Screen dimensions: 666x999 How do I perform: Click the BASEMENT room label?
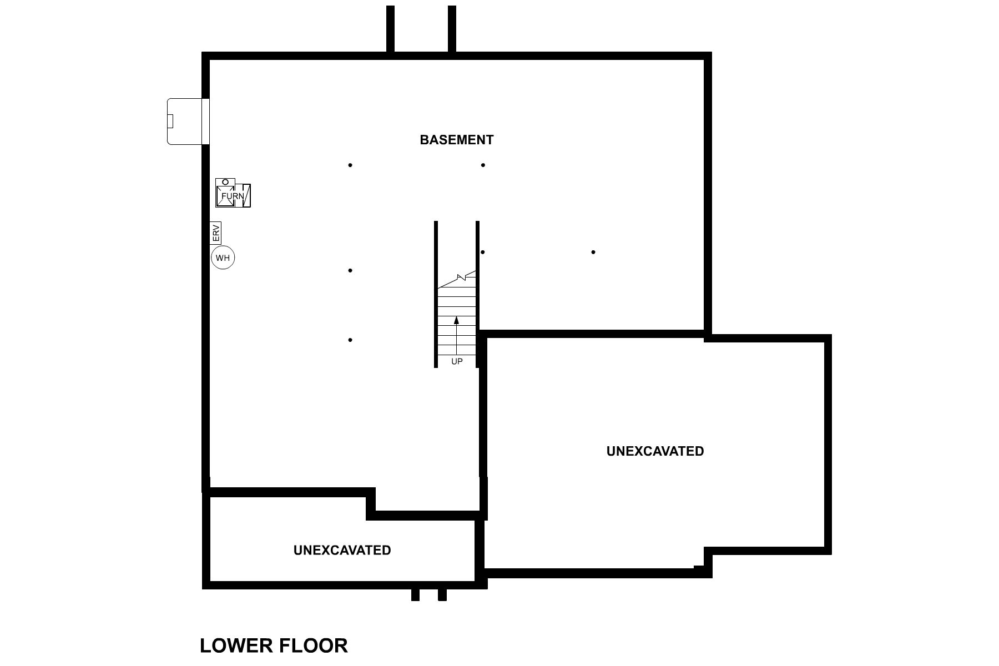tap(456, 140)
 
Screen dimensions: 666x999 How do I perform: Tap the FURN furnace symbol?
tap(233, 196)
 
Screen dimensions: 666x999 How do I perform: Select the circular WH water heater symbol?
tap(223, 258)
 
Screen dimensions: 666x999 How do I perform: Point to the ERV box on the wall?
tap(216, 233)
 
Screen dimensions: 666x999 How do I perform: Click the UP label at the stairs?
tap(456, 361)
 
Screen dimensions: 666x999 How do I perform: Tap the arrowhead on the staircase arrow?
tap(456, 320)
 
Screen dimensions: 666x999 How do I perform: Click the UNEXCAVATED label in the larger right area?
tap(655, 451)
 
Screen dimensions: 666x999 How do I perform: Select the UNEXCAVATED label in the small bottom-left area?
tap(342, 550)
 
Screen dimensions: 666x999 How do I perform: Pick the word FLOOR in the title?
tap(313, 645)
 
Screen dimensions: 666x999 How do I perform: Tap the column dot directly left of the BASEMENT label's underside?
tap(350, 165)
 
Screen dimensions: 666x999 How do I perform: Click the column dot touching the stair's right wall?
tap(483, 252)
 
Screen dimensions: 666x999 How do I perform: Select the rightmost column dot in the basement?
tap(593, 252)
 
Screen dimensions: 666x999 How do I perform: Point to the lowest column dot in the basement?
tap(350, 340)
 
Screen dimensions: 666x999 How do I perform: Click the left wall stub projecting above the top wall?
tap(390, 29)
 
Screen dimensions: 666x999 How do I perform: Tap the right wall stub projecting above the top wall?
tap(452, 29)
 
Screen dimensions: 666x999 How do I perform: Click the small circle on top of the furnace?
tap(225, 182)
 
